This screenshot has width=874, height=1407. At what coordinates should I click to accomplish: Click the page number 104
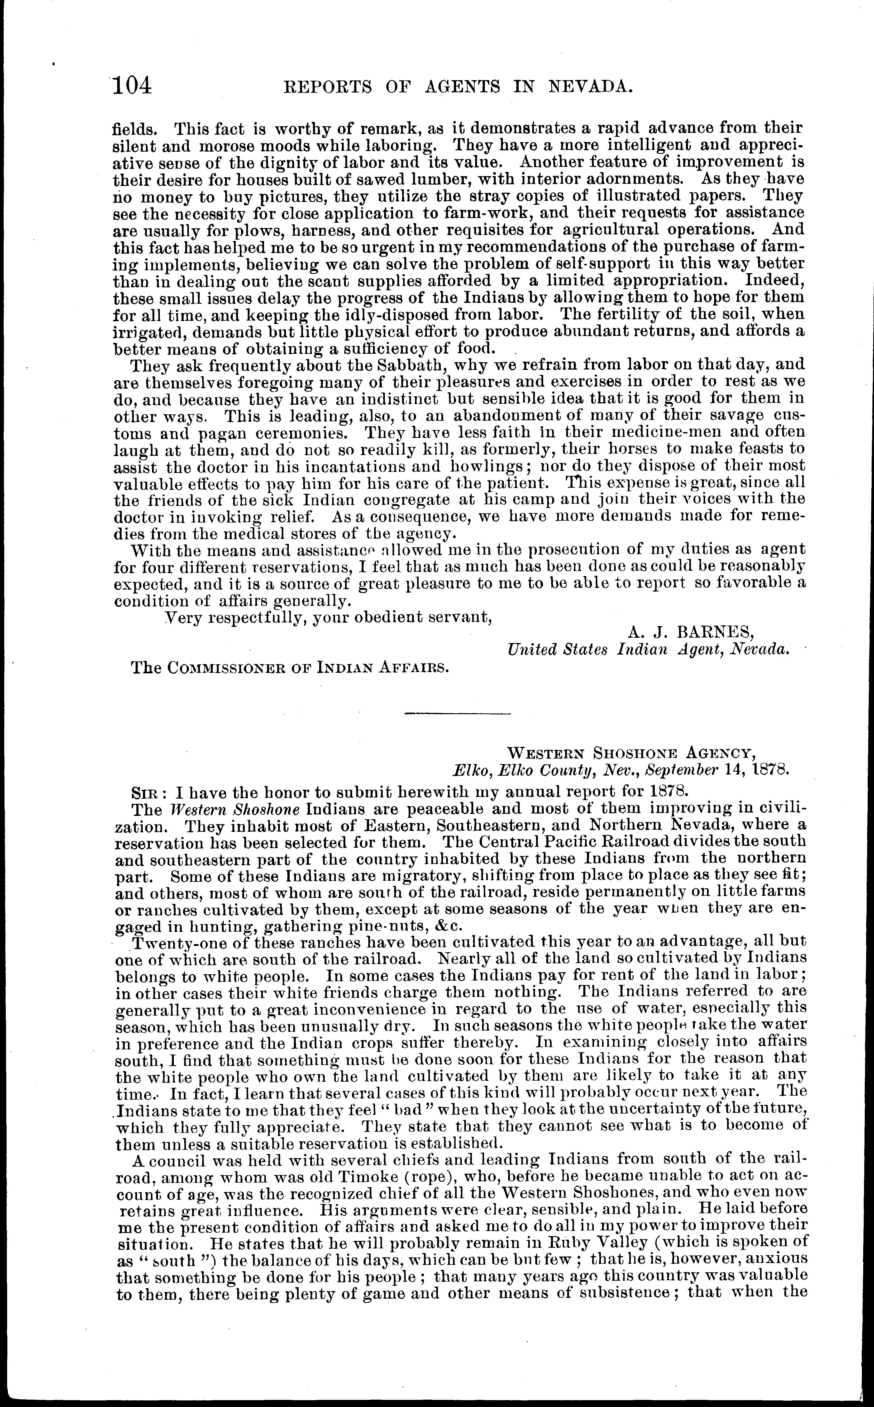tap(132, 85)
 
